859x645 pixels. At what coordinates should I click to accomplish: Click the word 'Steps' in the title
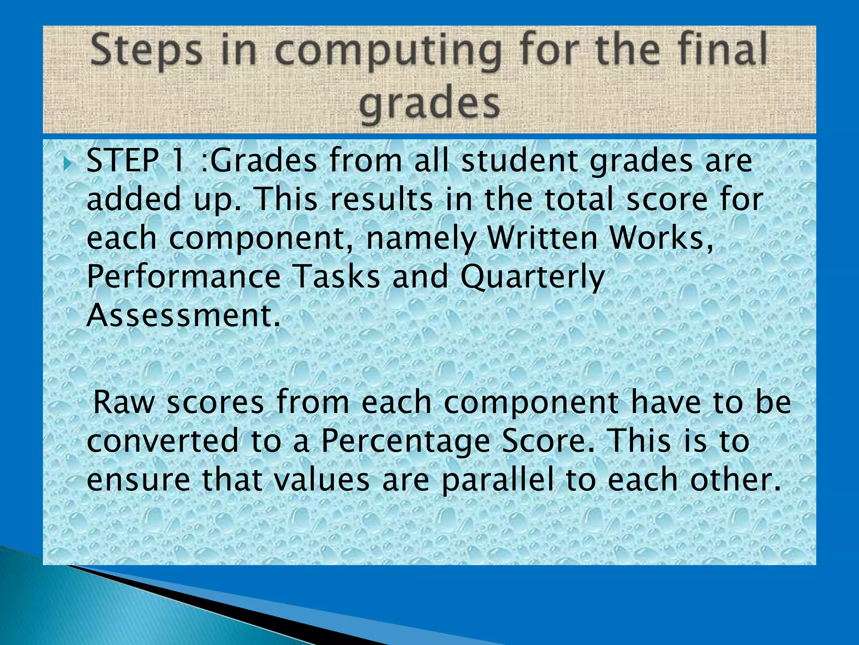tap(146, 51)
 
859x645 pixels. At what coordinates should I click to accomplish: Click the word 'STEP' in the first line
tap(122, 161)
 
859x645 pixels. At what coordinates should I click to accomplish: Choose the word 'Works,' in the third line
tap(661, 238)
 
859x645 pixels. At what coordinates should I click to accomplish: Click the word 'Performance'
tap(183, 277)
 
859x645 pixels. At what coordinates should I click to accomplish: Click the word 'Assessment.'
tap(183, 315)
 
